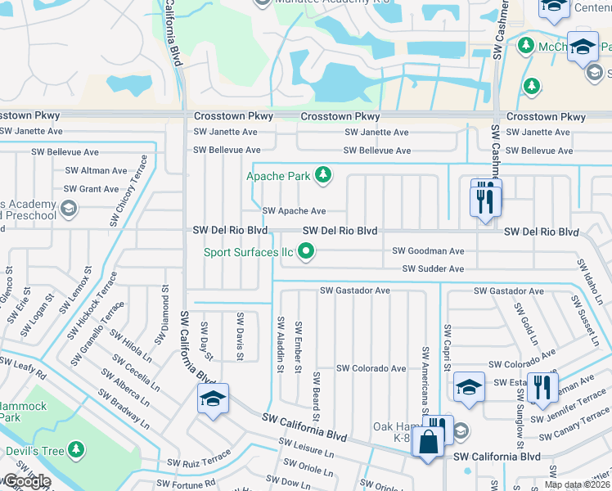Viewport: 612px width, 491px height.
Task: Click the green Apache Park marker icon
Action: (x=324, y=174)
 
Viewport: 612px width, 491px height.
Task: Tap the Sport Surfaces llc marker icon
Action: (x=306, y=252)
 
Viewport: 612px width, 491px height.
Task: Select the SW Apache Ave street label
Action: (x=294, y=211)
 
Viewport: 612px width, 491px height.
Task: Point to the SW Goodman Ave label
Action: (x=428, y=251)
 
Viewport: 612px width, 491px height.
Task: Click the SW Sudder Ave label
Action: (x=433, y=269)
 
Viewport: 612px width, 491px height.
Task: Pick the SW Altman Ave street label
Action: (x=96, y=171)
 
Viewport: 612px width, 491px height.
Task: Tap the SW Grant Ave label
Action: (x=91, y=189)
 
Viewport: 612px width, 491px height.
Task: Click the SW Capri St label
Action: (x=447, y=345)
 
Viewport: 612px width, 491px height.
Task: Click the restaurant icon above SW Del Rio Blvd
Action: (x=485, y=198)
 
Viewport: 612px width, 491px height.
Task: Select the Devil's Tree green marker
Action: (x=75, y=448)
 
